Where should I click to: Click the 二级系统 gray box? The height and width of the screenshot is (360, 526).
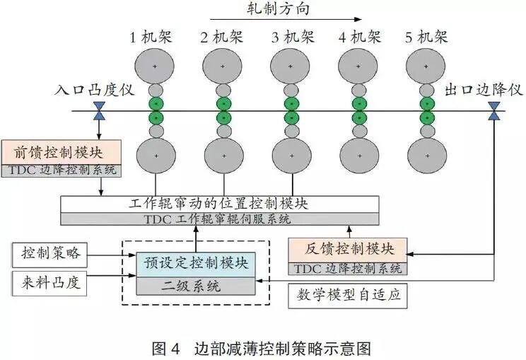[x=197, y=286]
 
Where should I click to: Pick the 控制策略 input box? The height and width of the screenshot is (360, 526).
[x=49, y=252]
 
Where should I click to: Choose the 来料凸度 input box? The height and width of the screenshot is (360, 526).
[x=49, y=284]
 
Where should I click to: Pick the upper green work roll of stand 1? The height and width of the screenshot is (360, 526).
[x=156, y=103]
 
